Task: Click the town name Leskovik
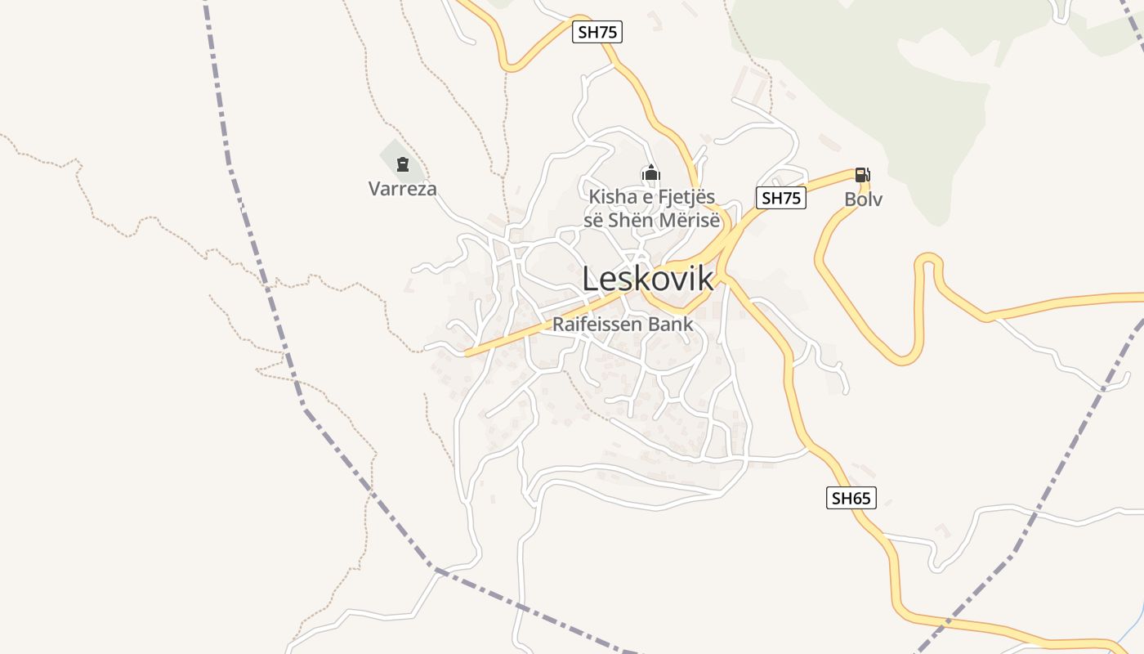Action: (647, 280)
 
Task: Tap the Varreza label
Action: (402, 189)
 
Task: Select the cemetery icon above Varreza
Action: (402, 164)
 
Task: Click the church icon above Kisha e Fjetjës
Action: (651, 172)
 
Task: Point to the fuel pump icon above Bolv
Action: (862, 174)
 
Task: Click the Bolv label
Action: (863, 199)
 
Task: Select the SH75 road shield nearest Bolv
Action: (780, 198)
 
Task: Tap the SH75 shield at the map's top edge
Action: (597, 33)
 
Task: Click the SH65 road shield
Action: (851, 498)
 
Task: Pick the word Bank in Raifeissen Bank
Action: (669, 325)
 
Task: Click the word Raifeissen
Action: (597, 325)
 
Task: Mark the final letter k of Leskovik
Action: (704, 280)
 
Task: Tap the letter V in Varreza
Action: (374, 189)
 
